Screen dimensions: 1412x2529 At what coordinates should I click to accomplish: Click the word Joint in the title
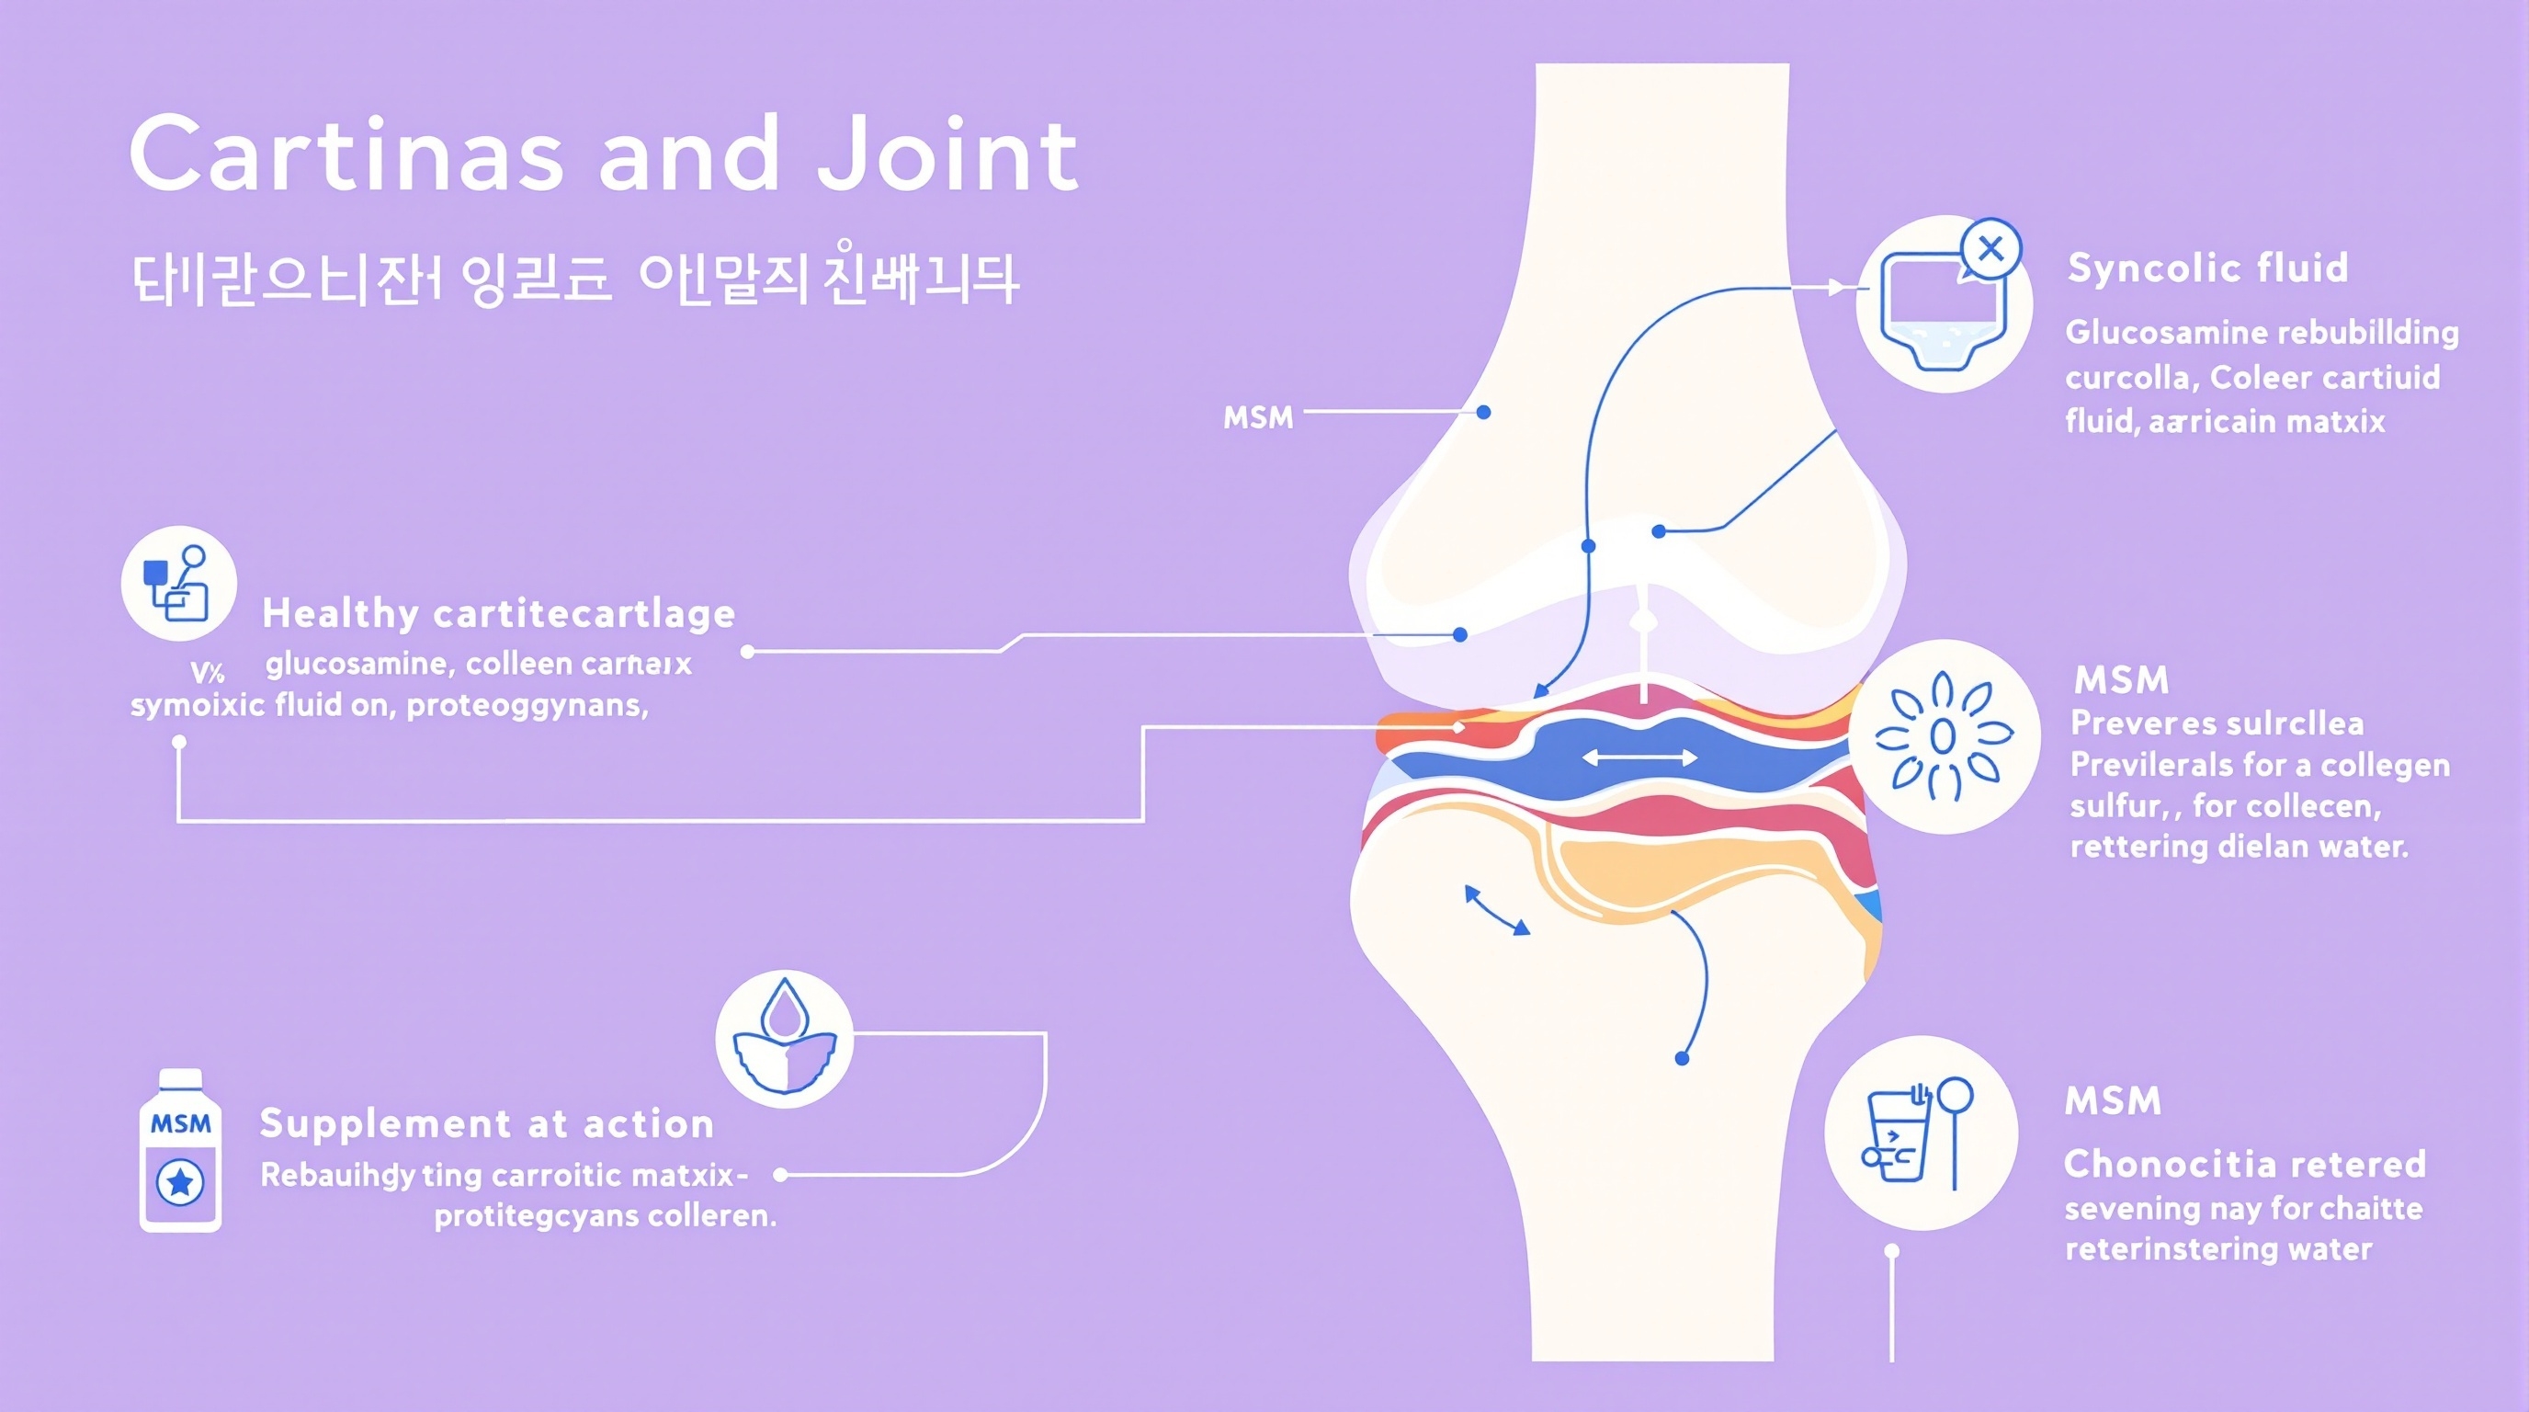pyautogui.click(x=948, y=154)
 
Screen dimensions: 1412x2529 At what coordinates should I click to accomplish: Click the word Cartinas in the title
pyautogui.click(x=346, y=154)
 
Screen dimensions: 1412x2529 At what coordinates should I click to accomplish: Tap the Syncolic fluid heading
pyautogui.click(x=2207, y=268)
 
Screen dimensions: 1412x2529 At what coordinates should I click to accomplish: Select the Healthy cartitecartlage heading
pyautogui.click(x=499, y=614)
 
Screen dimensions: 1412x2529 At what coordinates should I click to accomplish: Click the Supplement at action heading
pyautogui.click(x=486, y=1123)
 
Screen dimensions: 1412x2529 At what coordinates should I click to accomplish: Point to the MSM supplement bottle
pyautogui.click(x=181, y=1151)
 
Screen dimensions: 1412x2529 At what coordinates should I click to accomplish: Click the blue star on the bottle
pyautogui.click(x=181, y=1182)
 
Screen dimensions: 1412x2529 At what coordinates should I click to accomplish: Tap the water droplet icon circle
pyautogui.click(x=784, y=1040)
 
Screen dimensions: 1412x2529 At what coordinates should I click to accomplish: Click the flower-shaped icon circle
pyautogui.click(x=1943, y=736)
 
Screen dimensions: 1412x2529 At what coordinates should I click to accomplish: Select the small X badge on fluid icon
pyautogui.click(x=1990, y=249)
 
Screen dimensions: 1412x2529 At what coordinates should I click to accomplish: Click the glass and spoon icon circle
pyautogui.click(x=1921, y=1133)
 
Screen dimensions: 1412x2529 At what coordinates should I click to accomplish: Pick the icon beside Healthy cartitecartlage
pyautogui.click(x=178, y=583)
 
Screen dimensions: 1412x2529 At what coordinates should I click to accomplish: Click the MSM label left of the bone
pyautogui.click(x=1258, y=417)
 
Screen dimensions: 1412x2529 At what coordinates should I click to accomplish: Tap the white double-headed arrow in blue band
pyautogui.click(x=1639, y=757)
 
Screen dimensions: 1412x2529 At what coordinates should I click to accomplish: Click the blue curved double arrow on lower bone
pyautogui.click(x=1496, y=910)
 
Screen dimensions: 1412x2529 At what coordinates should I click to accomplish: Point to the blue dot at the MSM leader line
pyautogui.click(x=1483, y=413)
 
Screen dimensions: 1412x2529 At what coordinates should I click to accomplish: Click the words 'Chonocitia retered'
pyautogui.click(x=2244, y=1165)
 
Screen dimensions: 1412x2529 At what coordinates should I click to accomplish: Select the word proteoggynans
pyautogui.click(x=527, y=705)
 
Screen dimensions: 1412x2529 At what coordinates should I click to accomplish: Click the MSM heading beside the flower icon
pyautogui.click(x=2121, y=679)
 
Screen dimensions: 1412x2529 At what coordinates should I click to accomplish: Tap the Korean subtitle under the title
pyautogui.click(x=574, y=279)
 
